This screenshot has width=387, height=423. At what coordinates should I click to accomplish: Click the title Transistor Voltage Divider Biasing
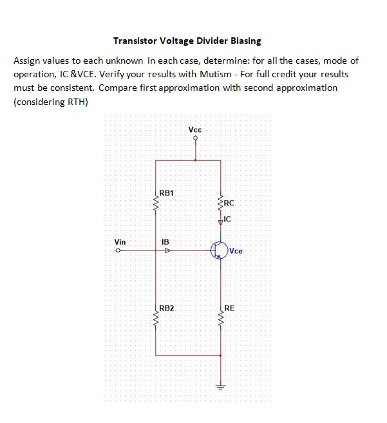click(x=187, y=41)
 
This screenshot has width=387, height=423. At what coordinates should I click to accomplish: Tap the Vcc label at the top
click(x=195, y=129)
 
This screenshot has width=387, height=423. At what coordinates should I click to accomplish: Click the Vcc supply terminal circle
click(x=196, y=138)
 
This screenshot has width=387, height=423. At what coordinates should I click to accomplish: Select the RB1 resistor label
click(x=166, y=193)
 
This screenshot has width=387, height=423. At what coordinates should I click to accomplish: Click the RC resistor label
click(x=231, y=203)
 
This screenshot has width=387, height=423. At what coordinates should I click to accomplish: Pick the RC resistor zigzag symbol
click(x=221, y=203)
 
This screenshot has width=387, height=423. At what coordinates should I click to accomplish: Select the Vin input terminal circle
click(x=118, y=251)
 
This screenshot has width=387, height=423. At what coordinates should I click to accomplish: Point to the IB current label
click(x=165, y=242)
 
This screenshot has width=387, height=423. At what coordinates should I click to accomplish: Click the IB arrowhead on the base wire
click(x=167, y=251)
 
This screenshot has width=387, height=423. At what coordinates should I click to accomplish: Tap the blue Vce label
click(x=236, y=251)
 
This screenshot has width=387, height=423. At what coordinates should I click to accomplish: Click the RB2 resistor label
click(x=166, y=308)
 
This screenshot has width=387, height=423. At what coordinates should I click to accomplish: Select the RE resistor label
click(x=230, y=308)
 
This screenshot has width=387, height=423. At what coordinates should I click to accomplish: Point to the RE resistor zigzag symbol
click(x=221, y=319)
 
